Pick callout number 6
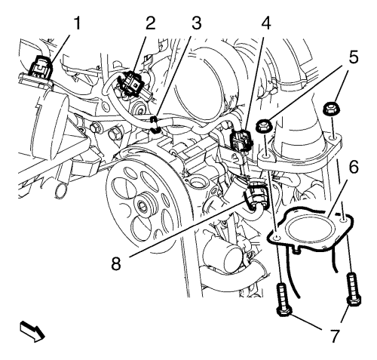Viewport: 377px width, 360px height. (x=354, y=168)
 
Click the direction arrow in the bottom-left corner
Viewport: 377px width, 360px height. (x=32, y=331)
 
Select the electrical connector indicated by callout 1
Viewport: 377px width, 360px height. (x=41, y=66)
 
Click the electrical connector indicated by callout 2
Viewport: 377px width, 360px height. (x=132, y=84)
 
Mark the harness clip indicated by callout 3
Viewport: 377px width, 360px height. (x=156, y=125)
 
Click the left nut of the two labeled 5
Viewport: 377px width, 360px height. (x=263, y=125)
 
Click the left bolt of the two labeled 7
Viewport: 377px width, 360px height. (x=283, y=299)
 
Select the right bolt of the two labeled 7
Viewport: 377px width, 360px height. (x=354, y=289)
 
